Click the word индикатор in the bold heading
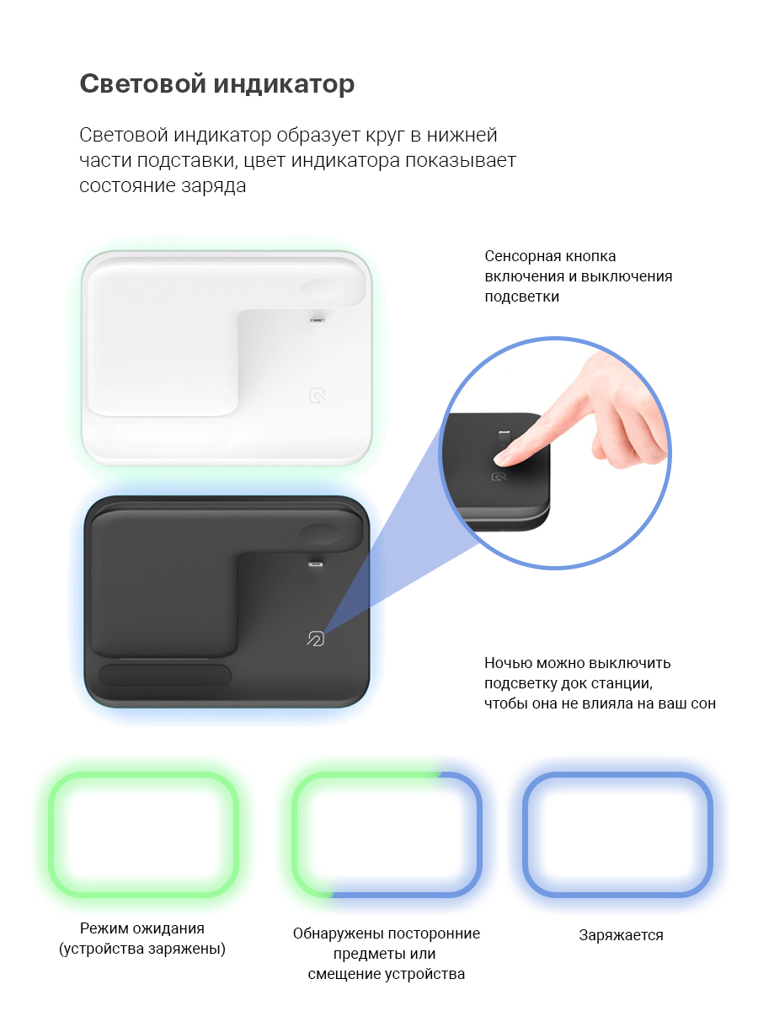284,83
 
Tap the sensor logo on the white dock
318,395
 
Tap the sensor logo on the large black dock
316,639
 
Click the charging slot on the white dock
318,319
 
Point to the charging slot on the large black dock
316,564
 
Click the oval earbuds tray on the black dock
165,676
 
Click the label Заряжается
621,935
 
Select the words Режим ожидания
142,928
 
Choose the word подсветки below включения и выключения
522,297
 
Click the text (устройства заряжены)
142,949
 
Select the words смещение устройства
386,974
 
